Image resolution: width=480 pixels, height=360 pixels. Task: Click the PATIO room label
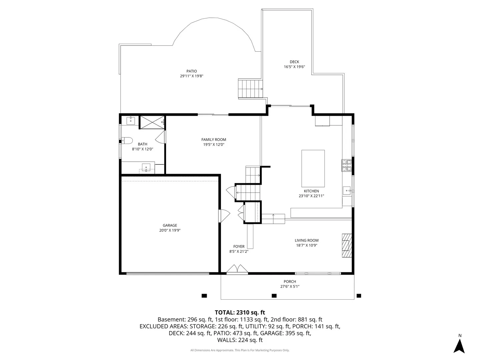coord(192,71)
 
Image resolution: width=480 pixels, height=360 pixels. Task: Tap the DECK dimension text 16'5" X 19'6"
coord(294,67)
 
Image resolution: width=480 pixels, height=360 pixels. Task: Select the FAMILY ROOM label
coord(214,139)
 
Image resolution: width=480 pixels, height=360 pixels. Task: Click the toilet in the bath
coord(127,140)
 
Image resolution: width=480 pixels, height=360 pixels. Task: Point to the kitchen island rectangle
coord(313,168)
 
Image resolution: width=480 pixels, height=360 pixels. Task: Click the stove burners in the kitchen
coord(347,165)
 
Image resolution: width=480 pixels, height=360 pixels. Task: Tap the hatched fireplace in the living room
coord(347,245)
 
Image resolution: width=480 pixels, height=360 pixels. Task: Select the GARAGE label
coord(170,225)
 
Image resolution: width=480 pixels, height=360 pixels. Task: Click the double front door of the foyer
coord(237,269)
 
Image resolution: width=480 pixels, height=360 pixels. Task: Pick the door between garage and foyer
coord(224,216)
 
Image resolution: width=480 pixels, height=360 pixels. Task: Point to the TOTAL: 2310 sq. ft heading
coord(240,312)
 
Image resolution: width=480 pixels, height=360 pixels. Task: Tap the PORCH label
coord(290,282)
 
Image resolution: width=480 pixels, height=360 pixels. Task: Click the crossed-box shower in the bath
coord(152,122)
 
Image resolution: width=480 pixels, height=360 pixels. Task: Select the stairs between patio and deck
coord(250,89)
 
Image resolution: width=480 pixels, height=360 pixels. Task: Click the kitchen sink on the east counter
coord(347,191)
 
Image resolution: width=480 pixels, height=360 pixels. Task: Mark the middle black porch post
coord(274,296)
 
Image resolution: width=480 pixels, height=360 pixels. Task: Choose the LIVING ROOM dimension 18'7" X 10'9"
coord(307,245)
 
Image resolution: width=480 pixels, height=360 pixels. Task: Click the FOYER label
coord(239,246)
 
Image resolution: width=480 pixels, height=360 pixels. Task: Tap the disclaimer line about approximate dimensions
coord(240,350)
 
